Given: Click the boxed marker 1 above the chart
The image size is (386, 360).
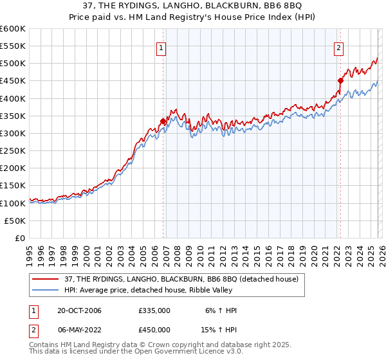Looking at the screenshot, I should (x=161, y=47).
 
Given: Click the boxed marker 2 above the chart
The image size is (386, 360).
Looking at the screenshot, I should (x=338, y=47).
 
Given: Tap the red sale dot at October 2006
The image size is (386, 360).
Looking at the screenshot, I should (x=163, y=121).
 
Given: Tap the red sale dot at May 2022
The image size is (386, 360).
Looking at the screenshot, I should (x=341, y=81).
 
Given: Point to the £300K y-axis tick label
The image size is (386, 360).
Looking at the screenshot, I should (x=13, y=133).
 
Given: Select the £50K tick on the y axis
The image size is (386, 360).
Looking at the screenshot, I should (x=15, y=221).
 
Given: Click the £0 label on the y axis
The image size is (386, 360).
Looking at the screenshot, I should (x=20, y=238).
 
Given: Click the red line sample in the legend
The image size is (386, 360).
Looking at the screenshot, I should (x=46, y=280).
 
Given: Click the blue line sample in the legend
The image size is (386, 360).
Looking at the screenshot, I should (x=46, y=291).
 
